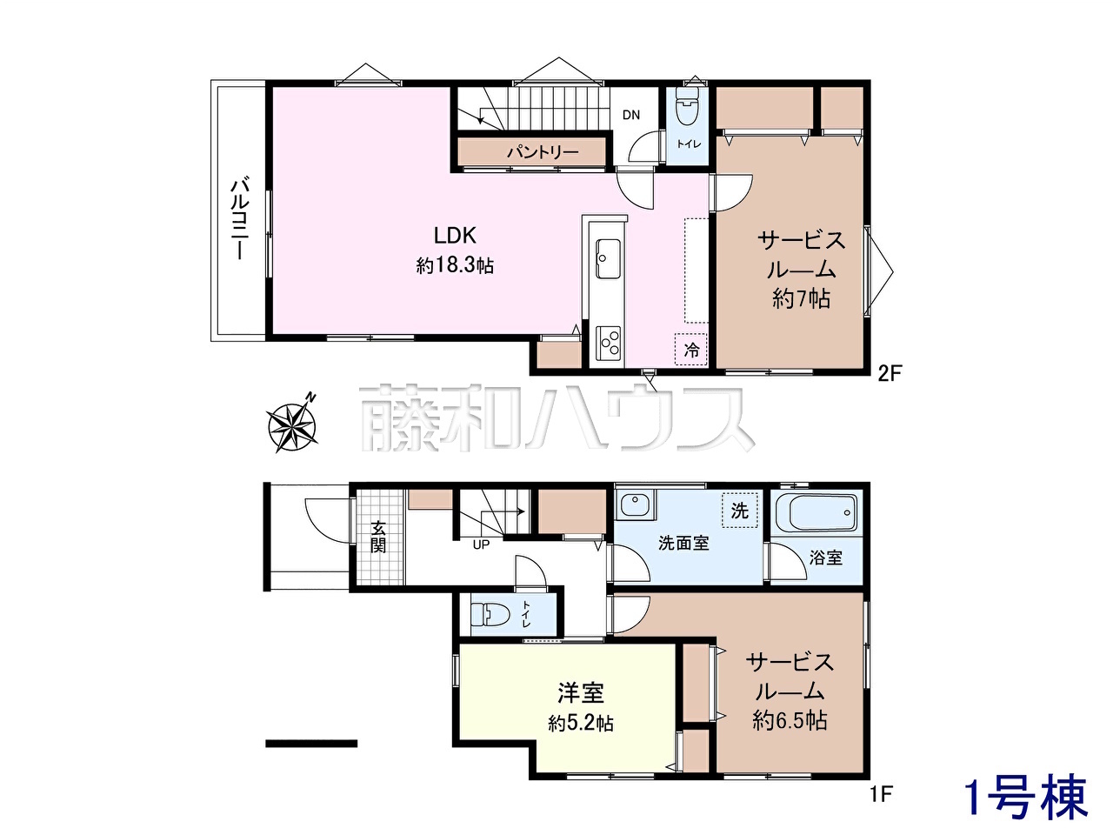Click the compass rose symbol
[292, 424]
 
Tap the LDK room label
[455, 236]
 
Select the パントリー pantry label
[543, 152]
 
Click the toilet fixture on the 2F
[687, 107]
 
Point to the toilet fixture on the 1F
[490, 617]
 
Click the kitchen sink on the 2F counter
[608, 258]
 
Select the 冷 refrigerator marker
[690, 350]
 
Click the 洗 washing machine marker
[740, 511]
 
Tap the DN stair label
[630, 115]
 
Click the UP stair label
[481, 545]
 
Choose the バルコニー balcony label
[240, 219]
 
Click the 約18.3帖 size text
[455, 265]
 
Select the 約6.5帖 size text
[790, 720]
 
